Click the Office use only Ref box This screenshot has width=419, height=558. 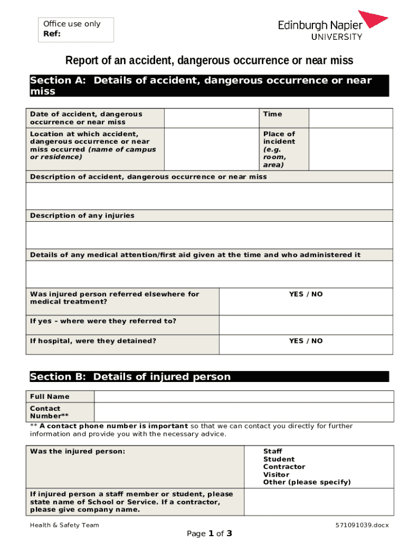(x=76, y=29)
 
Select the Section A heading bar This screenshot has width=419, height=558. (x=209, y=86)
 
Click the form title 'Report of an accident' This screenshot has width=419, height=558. (x=209, y=60)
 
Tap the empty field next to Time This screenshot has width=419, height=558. (x=350, y=118)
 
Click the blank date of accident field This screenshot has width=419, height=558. (x=211, y=118)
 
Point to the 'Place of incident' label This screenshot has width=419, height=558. (x=279, y=149)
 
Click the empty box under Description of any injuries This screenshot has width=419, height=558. (x=209, y=235)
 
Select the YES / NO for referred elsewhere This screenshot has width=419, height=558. (x=305, y=294)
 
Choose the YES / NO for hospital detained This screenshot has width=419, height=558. (x=305, y=341)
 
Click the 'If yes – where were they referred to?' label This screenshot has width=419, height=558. (x=103, y=321)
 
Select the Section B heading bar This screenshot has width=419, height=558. (x=209, y=377)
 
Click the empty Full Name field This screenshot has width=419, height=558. (x=243, y=397)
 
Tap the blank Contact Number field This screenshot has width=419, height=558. (x=243, y=412)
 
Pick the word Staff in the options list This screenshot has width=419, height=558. (x=272, y=451)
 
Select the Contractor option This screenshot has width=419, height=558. (x=284, y=467)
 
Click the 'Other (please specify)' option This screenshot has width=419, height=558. (x=307, y=482)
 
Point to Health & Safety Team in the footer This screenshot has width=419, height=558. (x=64, y=525)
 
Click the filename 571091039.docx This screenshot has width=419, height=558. (x=362, y=525)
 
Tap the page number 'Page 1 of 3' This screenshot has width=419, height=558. (x=209, y=534)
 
